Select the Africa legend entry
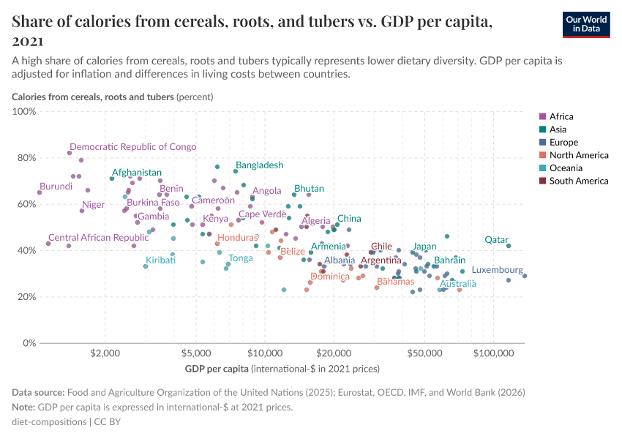coord(561,116)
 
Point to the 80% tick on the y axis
coord(26,157)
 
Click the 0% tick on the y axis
coord(29,343)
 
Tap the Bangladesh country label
coord(259,165)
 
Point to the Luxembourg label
coord(497,270)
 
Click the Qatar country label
coord(496,239)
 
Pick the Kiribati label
coord(160,260)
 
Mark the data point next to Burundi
coord(40,192)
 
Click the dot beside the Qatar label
coord(509,246)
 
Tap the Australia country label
coord(457,283)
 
